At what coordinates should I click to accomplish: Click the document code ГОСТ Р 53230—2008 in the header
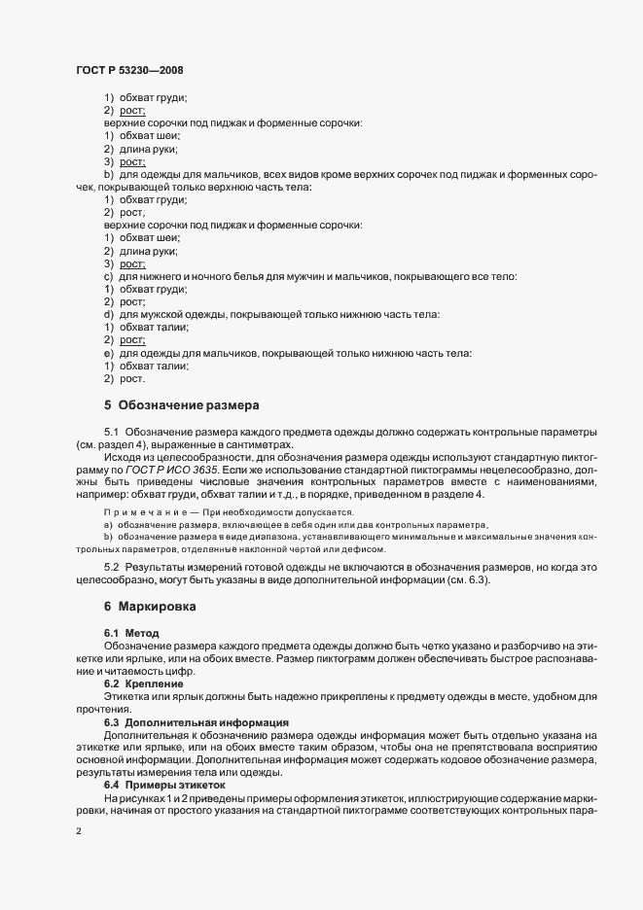tap(128, 70)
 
